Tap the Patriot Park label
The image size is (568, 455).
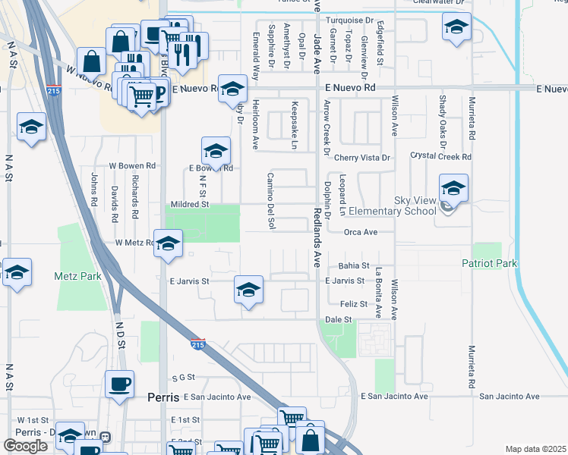[490, 263]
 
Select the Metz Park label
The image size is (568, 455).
[77, 277]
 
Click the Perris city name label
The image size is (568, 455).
[163, 397]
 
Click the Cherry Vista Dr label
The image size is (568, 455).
[361, 158]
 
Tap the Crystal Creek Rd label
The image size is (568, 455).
[440, 157]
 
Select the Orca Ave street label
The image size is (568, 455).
[360, 232]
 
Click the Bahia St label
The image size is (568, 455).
[354, 266]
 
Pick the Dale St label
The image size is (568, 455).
[339, 320]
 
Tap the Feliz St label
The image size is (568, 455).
[354, 304]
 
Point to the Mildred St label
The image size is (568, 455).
[189, 204]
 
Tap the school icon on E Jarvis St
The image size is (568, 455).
[248, 290]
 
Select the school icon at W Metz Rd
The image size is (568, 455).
[169, 243]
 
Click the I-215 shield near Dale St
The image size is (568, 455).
[198, 344]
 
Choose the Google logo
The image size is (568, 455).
[26, 447]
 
